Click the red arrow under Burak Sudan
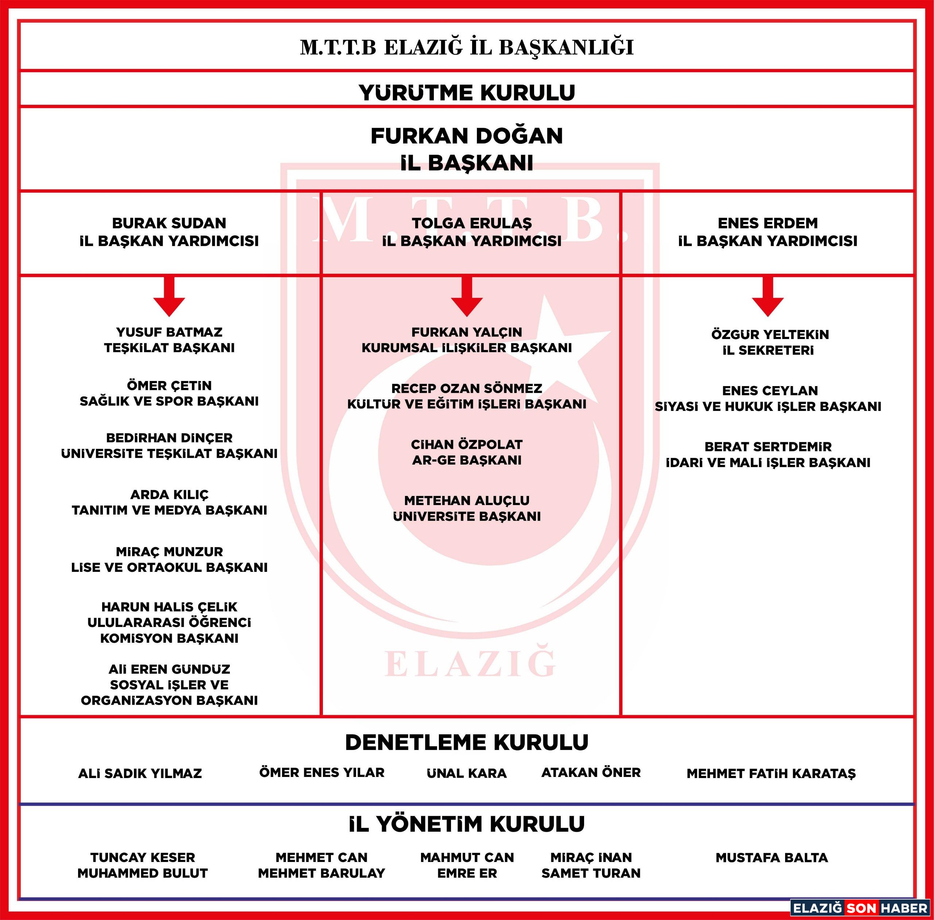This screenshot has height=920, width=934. (169, 296)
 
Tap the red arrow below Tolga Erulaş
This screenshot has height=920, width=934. (467, 296)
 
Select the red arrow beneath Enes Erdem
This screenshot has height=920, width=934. (768, 296)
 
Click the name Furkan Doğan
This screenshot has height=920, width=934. (467, 136)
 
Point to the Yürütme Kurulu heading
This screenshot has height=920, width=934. (467, 92)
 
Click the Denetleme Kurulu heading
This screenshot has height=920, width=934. (467, 742)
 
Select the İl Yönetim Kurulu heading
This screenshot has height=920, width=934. (467, 824)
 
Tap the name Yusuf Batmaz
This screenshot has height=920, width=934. (169, 332)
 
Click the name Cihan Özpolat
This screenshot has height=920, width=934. (467, 444)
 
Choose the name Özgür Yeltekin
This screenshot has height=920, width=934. (770, 334)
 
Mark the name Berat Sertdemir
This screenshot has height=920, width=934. (768, 446)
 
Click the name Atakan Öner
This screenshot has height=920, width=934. (591, 773)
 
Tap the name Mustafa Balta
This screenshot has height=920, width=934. (772, 858)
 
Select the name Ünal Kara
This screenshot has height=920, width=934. (467, 773)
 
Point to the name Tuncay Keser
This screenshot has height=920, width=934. (143, 858)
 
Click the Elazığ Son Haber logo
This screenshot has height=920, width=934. (860, 908)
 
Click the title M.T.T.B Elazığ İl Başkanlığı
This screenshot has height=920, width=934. (467, 47)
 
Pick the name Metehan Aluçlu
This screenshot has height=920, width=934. (467, 501)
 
